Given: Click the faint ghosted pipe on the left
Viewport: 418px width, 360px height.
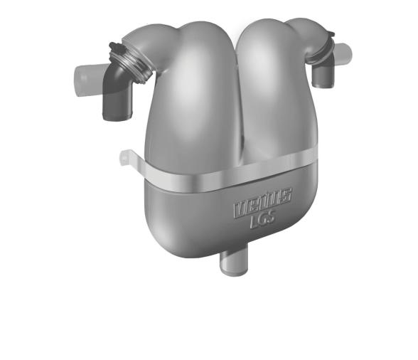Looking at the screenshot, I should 84,74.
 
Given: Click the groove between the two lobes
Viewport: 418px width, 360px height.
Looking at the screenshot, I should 230,107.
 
